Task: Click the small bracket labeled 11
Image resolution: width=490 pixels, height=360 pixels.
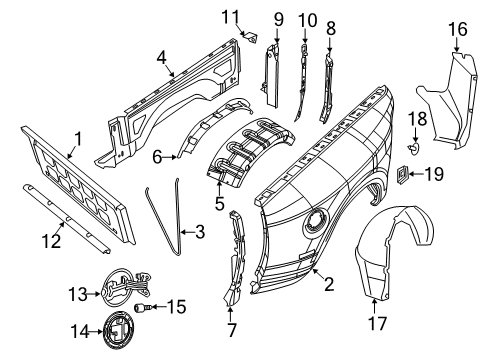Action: (252, 38)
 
